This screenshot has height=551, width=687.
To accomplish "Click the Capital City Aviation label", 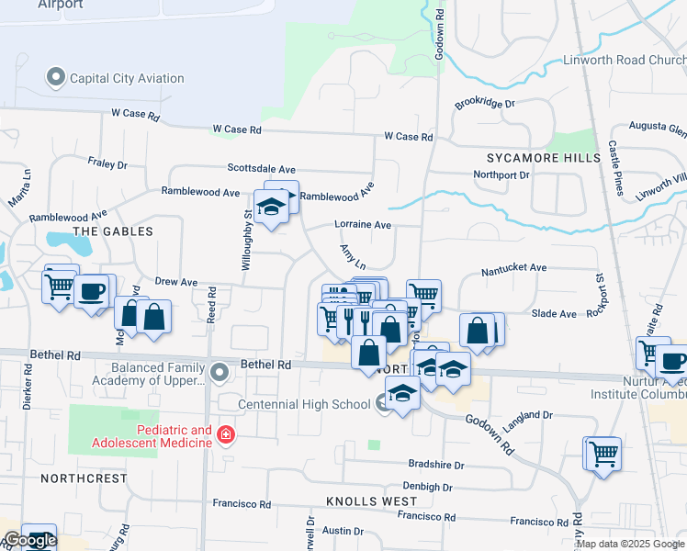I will [128, 78].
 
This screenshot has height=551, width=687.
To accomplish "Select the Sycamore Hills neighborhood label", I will [531, 158].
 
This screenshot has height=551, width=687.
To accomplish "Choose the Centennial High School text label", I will [304, 404].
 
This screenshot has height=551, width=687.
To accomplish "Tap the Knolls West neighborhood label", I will [371, 501].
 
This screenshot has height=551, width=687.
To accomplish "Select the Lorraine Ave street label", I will [363, 225].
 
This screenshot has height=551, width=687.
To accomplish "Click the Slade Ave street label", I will [555, 314].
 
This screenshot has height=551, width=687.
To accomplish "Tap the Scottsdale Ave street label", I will [262, 169].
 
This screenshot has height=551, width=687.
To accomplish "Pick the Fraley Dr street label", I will [107, 163].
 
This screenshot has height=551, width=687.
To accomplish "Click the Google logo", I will [29, 541].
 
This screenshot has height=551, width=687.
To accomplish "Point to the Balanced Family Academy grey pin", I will [219, 372].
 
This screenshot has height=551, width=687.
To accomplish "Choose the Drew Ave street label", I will [176, 282].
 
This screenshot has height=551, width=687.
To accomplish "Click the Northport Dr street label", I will [501, 174].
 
